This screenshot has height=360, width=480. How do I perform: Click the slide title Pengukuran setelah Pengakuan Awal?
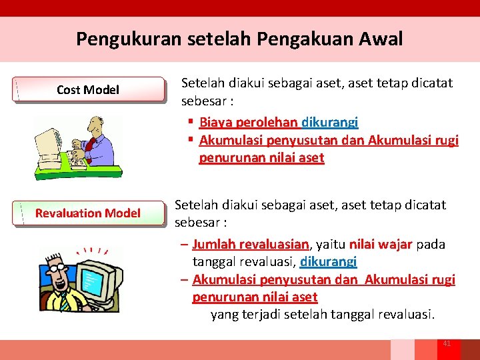(239, 39)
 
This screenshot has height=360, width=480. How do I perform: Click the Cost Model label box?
(88, 90)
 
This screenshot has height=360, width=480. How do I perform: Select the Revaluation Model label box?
(88, 213)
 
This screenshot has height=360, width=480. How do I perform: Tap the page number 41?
(447, 343)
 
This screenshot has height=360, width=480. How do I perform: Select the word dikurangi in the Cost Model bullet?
(330, 122)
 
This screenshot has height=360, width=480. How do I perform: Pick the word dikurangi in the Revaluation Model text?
(329, 262)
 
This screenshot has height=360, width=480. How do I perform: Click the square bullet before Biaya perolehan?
(191, 122)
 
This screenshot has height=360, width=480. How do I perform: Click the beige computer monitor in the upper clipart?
(49, 142)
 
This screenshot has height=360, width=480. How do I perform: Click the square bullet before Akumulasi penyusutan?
(191, 140)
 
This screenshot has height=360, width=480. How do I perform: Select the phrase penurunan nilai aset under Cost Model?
(261, 158)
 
